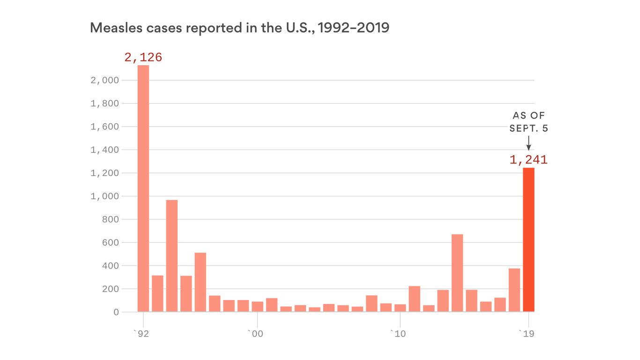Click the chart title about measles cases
coord(239,28)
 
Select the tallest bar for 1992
coord(143,187)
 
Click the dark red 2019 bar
coord(528,240)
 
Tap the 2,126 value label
coord(143,58)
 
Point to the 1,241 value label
coord(528,160)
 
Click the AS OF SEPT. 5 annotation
coord(528,121)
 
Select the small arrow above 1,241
coord(528,143)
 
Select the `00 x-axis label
coord(255,334)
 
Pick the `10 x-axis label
coord(398,334)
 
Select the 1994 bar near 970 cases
coord(172,255)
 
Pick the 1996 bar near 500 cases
coord(201,282)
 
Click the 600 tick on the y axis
coord(110,243)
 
